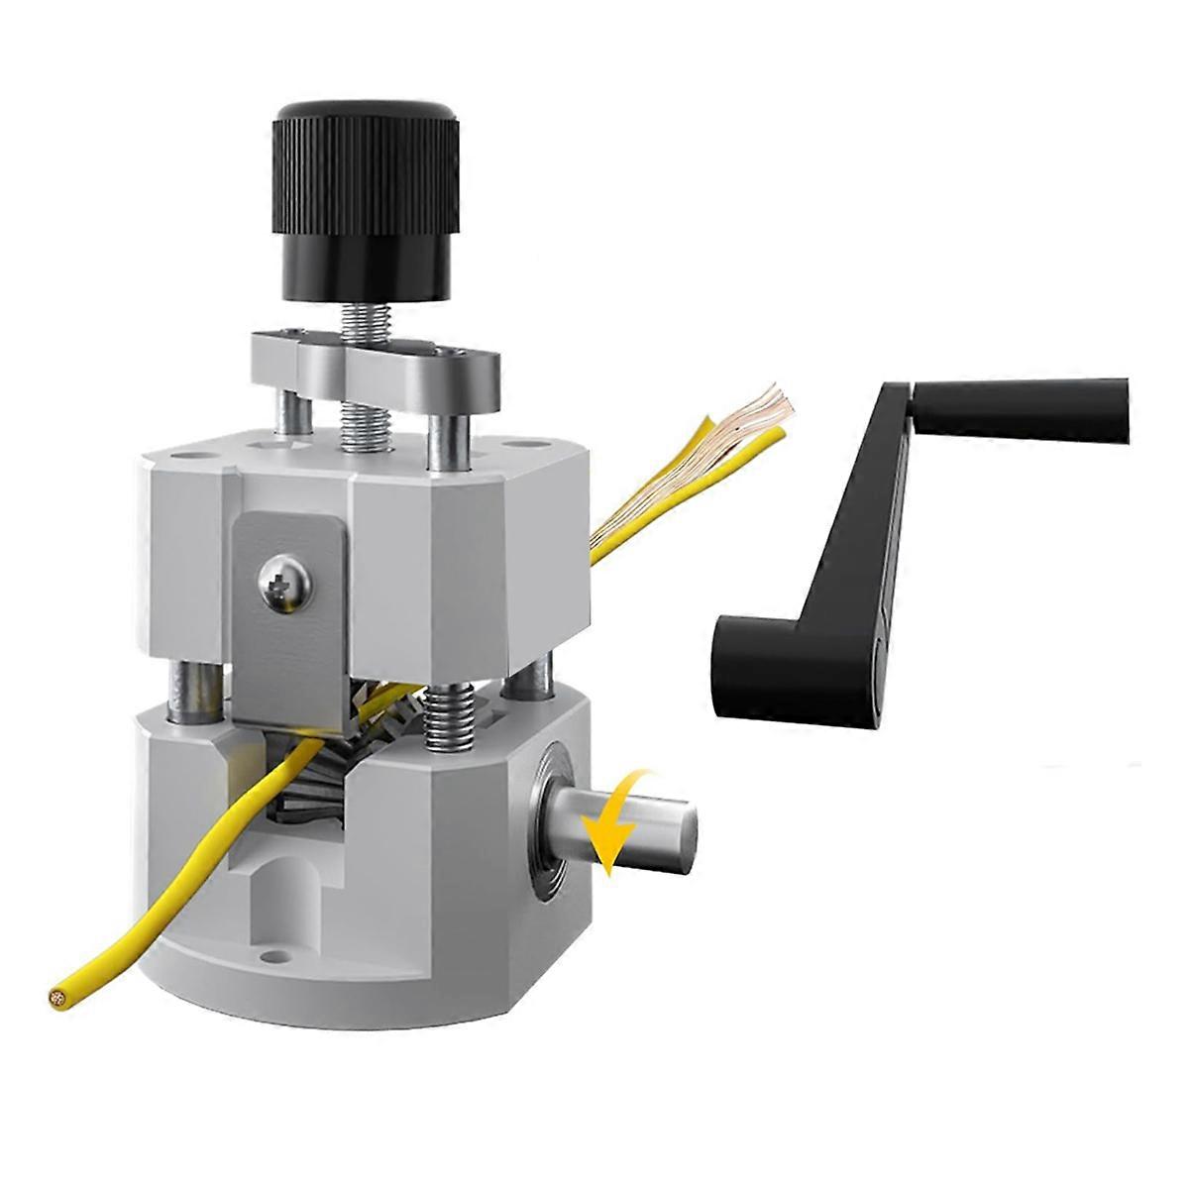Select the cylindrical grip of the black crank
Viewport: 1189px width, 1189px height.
[x=1021, y=407]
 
